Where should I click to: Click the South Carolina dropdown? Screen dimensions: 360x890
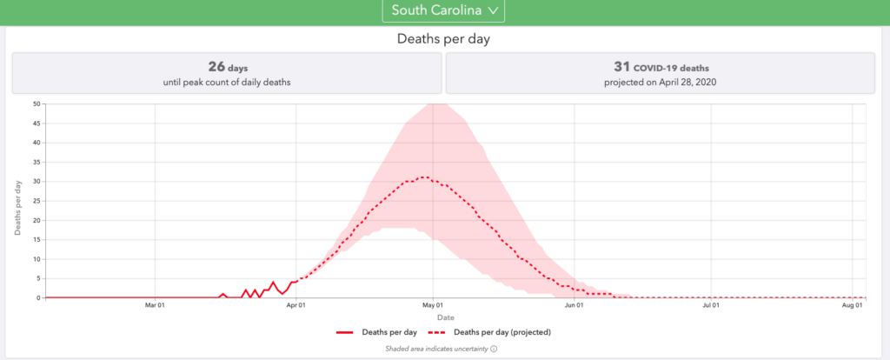click(443, 10)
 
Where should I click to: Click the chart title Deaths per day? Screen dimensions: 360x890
click(444, 38)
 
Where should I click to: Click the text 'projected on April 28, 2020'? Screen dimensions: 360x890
click(660, 83)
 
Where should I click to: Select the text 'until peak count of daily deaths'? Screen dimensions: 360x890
click(226, 83)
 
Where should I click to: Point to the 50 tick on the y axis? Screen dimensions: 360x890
click(37, 103)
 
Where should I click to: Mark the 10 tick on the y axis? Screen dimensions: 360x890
click(37, 259)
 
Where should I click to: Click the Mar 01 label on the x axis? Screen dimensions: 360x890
click(156, 305)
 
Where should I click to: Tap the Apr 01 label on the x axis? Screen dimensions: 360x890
click(296, 305)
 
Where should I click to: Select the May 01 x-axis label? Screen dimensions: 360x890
click(433, 305)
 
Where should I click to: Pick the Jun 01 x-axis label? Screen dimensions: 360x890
click(573, 305)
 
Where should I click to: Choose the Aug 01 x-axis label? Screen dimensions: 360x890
click(853, 305)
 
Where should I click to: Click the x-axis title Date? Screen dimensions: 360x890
click(445, 317)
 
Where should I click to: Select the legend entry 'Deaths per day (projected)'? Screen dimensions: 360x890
click(502, 332)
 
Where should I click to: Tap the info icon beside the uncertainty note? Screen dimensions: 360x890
click(493, 350)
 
